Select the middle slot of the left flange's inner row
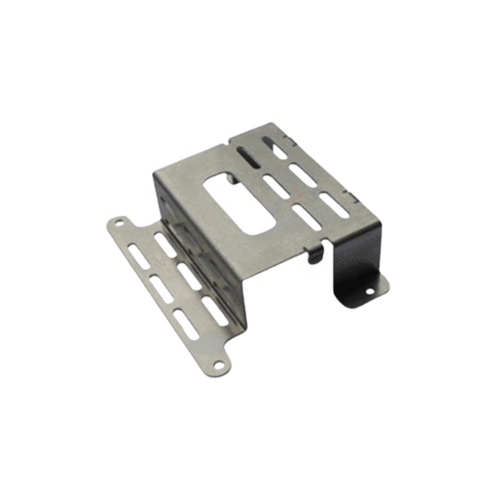[x=189, y=276]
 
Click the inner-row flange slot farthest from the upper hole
[x=215, y=311]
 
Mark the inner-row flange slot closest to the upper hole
[x=165, y=245]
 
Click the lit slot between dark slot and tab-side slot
[x=275, y=187]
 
